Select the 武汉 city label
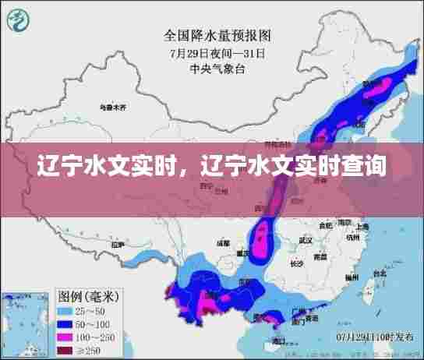coord(305,241)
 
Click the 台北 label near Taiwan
coord(380,274)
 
